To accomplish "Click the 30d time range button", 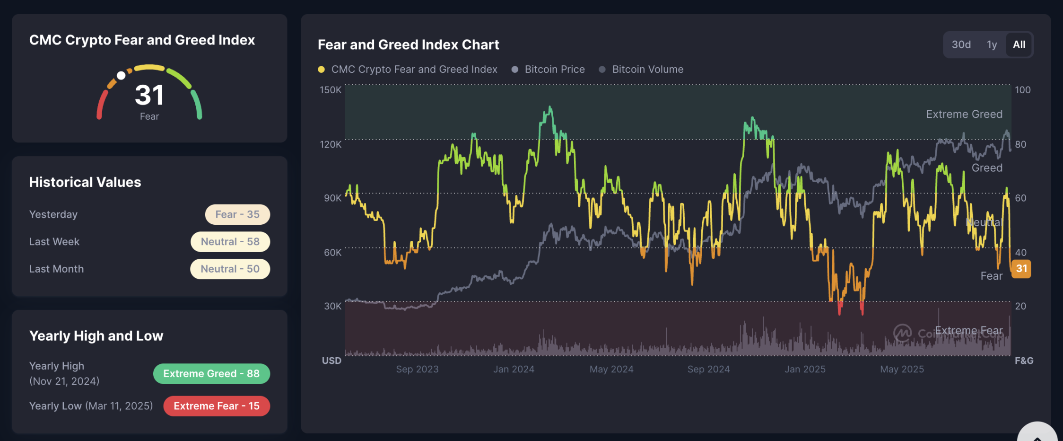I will tap(961, 44).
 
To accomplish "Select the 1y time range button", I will tap(992, 44).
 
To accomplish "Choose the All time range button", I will tap(1019, 44).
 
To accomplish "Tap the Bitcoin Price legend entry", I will tap(554, 69).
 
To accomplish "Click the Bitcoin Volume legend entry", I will tap(647, 69).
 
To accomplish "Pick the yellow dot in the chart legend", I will tap(322, 70).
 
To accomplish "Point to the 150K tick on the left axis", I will tap(331, 90).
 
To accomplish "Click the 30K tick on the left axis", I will tap(332, 306).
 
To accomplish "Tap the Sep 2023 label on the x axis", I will tap(417, 369).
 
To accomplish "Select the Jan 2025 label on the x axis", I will tap(805, 369).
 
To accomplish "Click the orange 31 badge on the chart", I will tap(1021, 269).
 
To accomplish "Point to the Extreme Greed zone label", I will tap(964, 114).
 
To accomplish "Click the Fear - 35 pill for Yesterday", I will tap(237, 214).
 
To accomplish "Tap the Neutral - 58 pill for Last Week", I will tap(230, 242).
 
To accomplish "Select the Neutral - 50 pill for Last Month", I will tap(230, 269).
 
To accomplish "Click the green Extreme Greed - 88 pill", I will tap(211, 373).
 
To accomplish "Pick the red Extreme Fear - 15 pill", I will tap(217, 406).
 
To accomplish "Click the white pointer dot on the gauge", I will tap(121, 76).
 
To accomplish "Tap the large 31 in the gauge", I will tap(149, 95).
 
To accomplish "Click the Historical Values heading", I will tap(85, 182).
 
